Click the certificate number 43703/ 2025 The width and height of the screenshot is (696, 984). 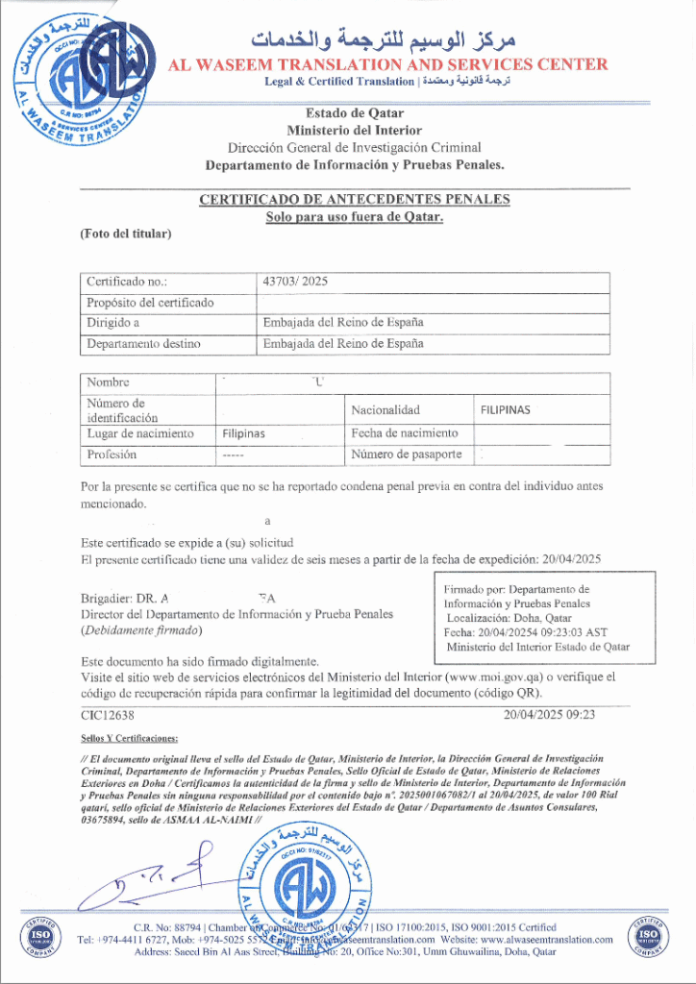[x=295, y=283]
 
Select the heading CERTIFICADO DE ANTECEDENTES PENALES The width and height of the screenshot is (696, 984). [x=354, y=200]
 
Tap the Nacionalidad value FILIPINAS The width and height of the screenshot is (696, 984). [x=505, y=410]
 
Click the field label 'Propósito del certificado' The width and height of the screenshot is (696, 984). [x=150, y=303]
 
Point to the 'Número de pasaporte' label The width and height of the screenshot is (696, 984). [x=406, y=455]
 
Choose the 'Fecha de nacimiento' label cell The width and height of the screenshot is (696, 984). [x=404, y=433]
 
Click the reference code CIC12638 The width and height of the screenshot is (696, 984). [x=108, y=715]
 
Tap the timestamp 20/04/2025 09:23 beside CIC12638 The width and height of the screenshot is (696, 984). [x=549, y=715]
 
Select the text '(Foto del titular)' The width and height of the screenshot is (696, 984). [x=125, y=234]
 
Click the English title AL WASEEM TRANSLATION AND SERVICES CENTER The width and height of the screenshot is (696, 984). [x=387, y=64]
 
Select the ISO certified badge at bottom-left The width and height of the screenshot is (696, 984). [x=39, y=936]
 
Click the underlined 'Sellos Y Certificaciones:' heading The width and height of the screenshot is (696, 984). [x=129, y=738]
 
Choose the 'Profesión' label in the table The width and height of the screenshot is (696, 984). [x=112, y=455]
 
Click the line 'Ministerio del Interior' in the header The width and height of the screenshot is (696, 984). [x=354, y=130]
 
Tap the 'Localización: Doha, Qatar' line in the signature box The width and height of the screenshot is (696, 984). [x=509, y=619]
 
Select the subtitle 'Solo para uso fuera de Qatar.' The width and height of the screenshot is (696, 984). [x=354, y=217]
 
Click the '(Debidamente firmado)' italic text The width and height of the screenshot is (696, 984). [x=141, y=630]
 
